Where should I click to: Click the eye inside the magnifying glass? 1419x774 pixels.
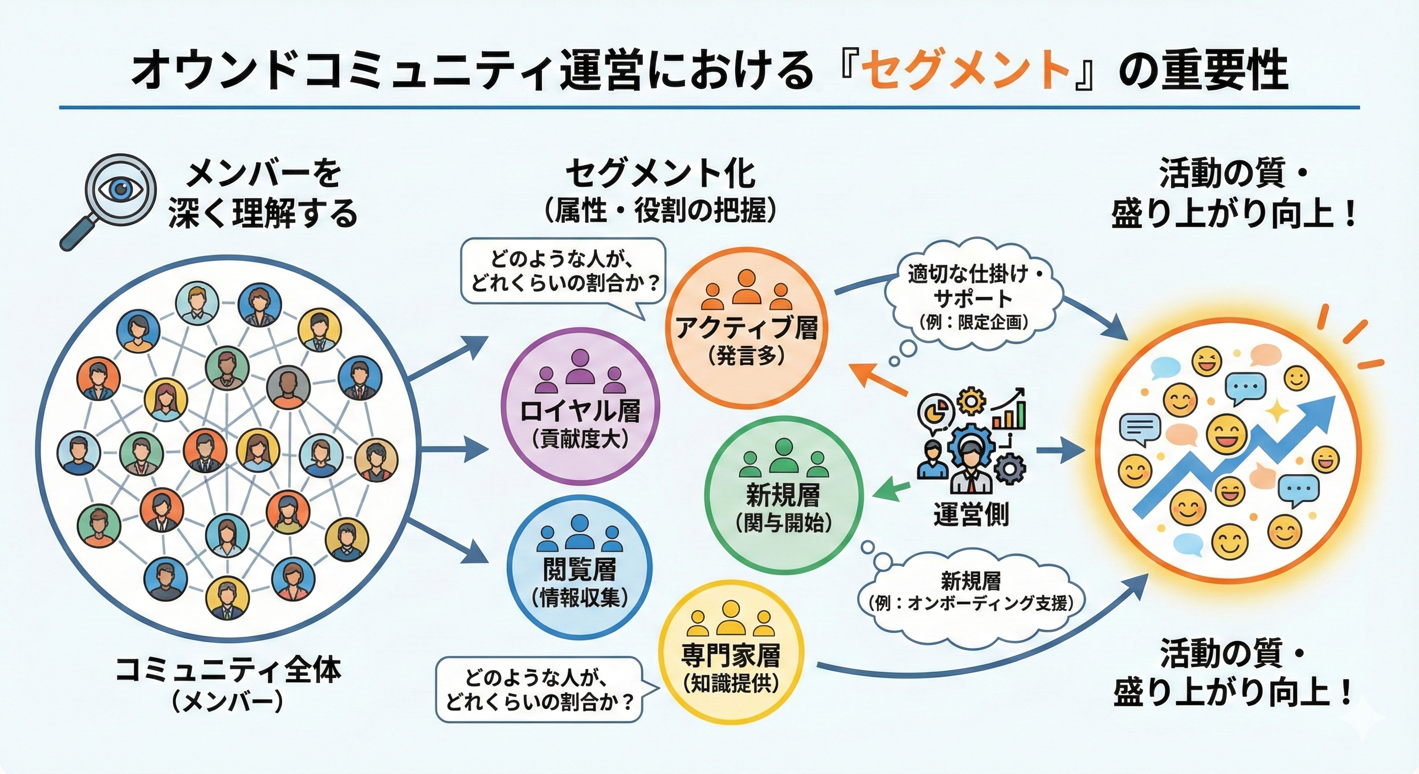120,189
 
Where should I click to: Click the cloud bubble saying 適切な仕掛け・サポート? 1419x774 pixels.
974,298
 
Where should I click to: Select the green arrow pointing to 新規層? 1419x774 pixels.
891,489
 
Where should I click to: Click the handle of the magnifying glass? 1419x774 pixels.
77,234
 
